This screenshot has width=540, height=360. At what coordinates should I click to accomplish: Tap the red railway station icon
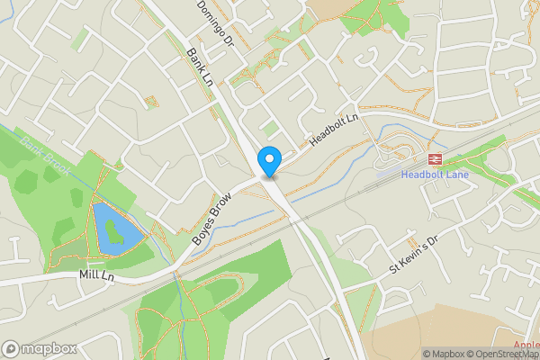[434, 158]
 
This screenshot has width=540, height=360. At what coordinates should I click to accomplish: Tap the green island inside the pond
[112, 233]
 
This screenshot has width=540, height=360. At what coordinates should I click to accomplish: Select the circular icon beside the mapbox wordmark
[11, 349]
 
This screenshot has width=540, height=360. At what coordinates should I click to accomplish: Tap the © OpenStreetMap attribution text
[508, 354]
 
